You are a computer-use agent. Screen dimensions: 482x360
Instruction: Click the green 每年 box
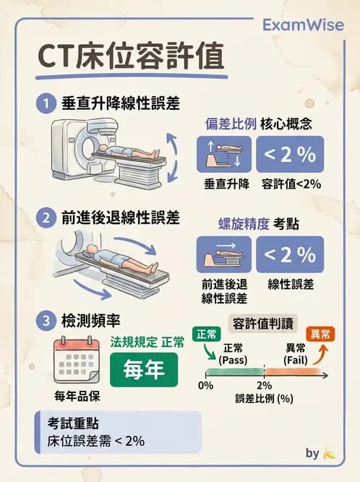tap(144, 369)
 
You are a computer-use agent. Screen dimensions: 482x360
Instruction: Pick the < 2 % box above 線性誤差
tap(289, 254)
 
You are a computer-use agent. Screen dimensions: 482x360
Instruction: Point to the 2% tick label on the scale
tap(264, 386)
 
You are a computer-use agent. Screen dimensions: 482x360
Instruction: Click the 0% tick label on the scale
tap(206, 386)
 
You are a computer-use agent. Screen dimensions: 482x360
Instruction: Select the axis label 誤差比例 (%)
tap(263, 398)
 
